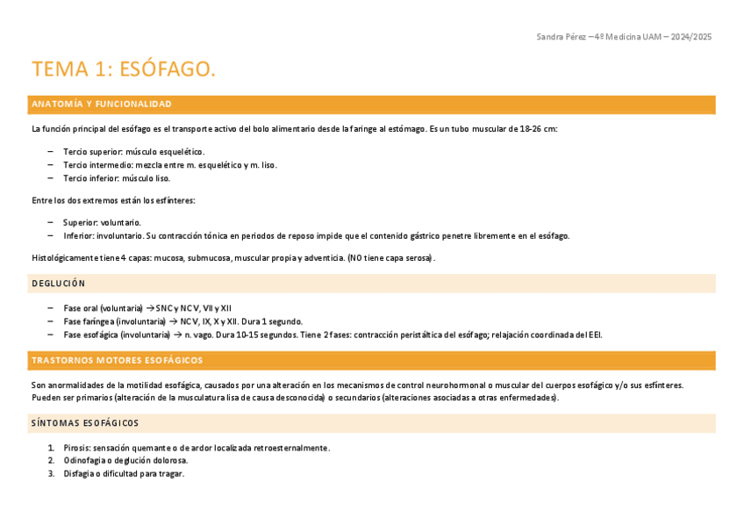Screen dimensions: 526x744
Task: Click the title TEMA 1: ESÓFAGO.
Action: tap(124, 69)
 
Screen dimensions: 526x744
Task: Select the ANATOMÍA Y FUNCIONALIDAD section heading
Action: tap(102, 104)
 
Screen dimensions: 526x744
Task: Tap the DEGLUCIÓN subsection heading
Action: tap(59, 284)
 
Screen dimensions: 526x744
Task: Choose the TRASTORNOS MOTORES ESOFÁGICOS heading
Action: tap(117, 361)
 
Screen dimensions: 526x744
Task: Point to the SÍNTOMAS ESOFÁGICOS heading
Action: tap(85, 423)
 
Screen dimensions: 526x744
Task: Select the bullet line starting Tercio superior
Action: tap(133, 152)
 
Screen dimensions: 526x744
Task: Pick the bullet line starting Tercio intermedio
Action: tap(169, 165)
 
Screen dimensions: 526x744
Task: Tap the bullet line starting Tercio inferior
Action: tap(117, 178)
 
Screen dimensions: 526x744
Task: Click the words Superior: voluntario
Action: tap(102, 222)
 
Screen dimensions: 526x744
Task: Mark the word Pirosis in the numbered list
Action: tap(76, 448)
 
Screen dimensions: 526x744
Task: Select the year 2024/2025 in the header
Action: tap(690, 36)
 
